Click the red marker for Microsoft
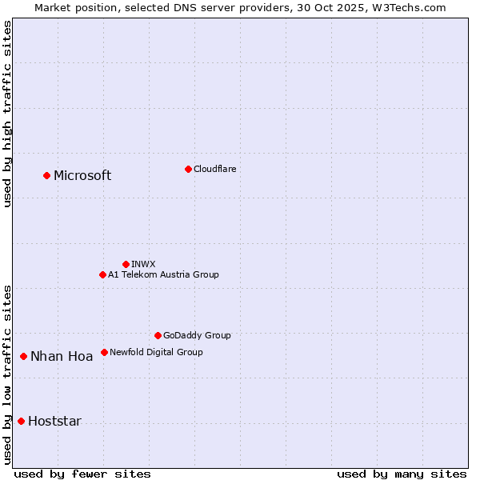[x=46, y=175]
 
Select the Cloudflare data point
[x=188, y=169]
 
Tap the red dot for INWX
[x=126, y=264]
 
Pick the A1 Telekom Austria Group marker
[x=102, y=274]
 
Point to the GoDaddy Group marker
[x=158, y=335]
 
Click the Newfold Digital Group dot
[x=104, y=352]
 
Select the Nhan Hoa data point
[x=23, y=356]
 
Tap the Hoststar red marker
[x=21, y=421]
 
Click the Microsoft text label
[x=82, y=176]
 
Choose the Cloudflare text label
[x=214, y=169]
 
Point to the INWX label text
[x=143, y=264]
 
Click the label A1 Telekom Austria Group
[x=163, y=274]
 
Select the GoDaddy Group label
[x=197, y=335]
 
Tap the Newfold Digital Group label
[x=156, y=352]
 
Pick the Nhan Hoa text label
[x=62, y=357]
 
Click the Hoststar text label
[x=54, y=422]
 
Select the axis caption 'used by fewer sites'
[x=82, y=474]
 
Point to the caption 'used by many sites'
[x=402, y=474]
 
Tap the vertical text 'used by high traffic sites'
[x=7, y=114]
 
